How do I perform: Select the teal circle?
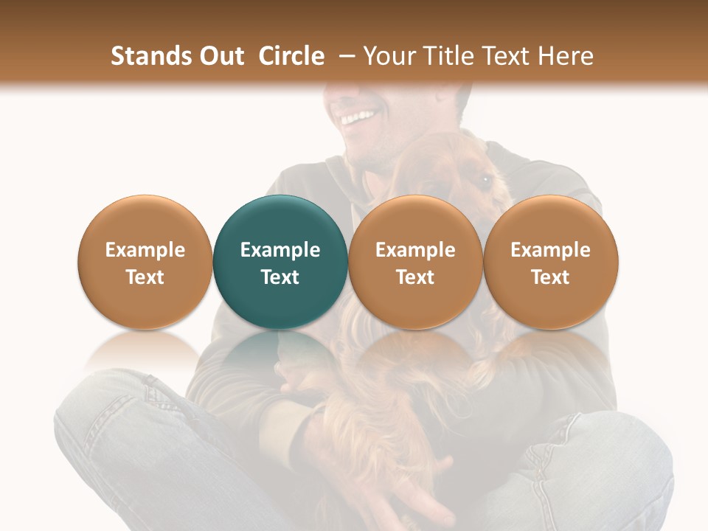(280, 263)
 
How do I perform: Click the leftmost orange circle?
(145, 263)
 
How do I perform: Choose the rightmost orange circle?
(551, 263)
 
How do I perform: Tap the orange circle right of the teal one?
(415, 263)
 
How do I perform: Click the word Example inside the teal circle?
(280, 250)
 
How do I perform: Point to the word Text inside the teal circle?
(280, 277)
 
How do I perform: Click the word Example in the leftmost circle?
(145, 250)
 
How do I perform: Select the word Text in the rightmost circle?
(551, 277)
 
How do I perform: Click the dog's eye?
(485, 178)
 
